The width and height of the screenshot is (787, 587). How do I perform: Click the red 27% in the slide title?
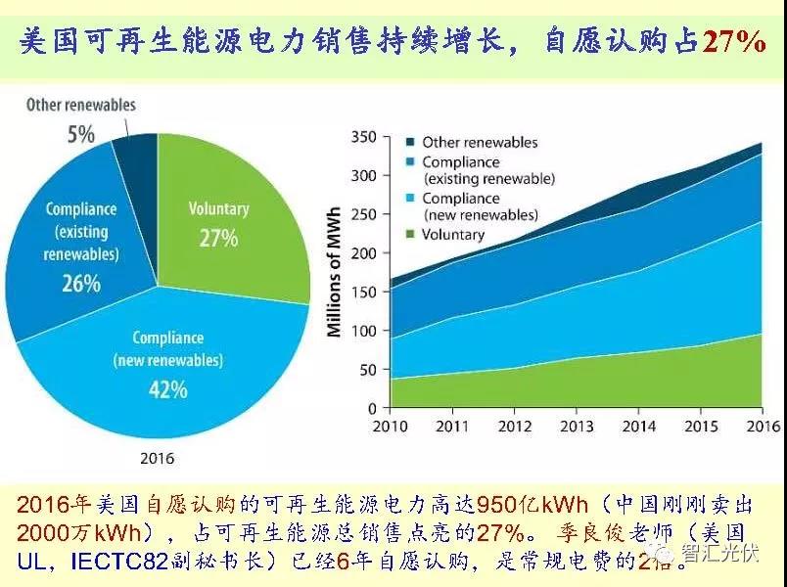(734, 43)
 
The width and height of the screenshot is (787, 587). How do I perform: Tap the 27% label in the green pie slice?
(218, 237)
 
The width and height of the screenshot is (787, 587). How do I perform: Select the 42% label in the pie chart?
(168, 389)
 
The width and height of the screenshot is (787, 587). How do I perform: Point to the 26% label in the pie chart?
(81, 284)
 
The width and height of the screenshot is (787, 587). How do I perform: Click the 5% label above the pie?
(81, 134)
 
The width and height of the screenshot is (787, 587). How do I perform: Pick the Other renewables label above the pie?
(81, 105)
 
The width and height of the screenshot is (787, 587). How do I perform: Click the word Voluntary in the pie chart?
(218, 208)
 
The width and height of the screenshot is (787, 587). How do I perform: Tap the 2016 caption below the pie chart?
(158, 457)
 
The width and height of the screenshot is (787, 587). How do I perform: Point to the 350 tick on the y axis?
(363, 137)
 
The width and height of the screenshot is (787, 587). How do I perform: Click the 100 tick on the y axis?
(363, 331)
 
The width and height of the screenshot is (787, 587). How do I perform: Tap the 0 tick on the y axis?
(371, 408)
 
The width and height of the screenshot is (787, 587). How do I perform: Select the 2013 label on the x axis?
(576, 427)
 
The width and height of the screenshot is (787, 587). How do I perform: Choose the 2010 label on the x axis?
(390, 427)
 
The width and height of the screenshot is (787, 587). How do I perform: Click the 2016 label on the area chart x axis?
(762, 427)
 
